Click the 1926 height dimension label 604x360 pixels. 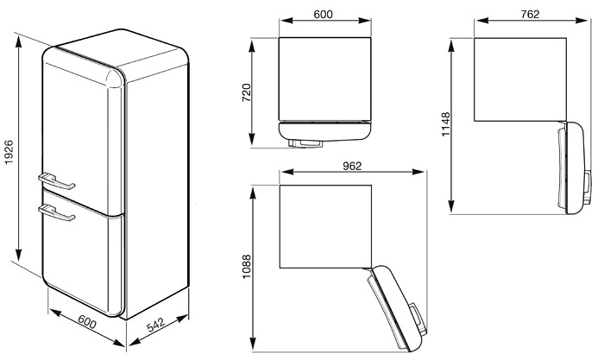tap(9, 152)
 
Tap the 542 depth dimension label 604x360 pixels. tap(156, 325)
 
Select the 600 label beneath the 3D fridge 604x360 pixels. tap(87, 321)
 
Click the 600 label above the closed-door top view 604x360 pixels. tap(324, 15)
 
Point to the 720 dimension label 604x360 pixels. tap(246, 92)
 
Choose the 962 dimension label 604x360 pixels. tap(352, 166)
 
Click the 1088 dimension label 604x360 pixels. tap(246, 267)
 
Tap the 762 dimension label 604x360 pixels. tap(530, 15)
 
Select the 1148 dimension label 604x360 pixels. tap(445, 124)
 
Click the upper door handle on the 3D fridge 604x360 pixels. tap(57, 181)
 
